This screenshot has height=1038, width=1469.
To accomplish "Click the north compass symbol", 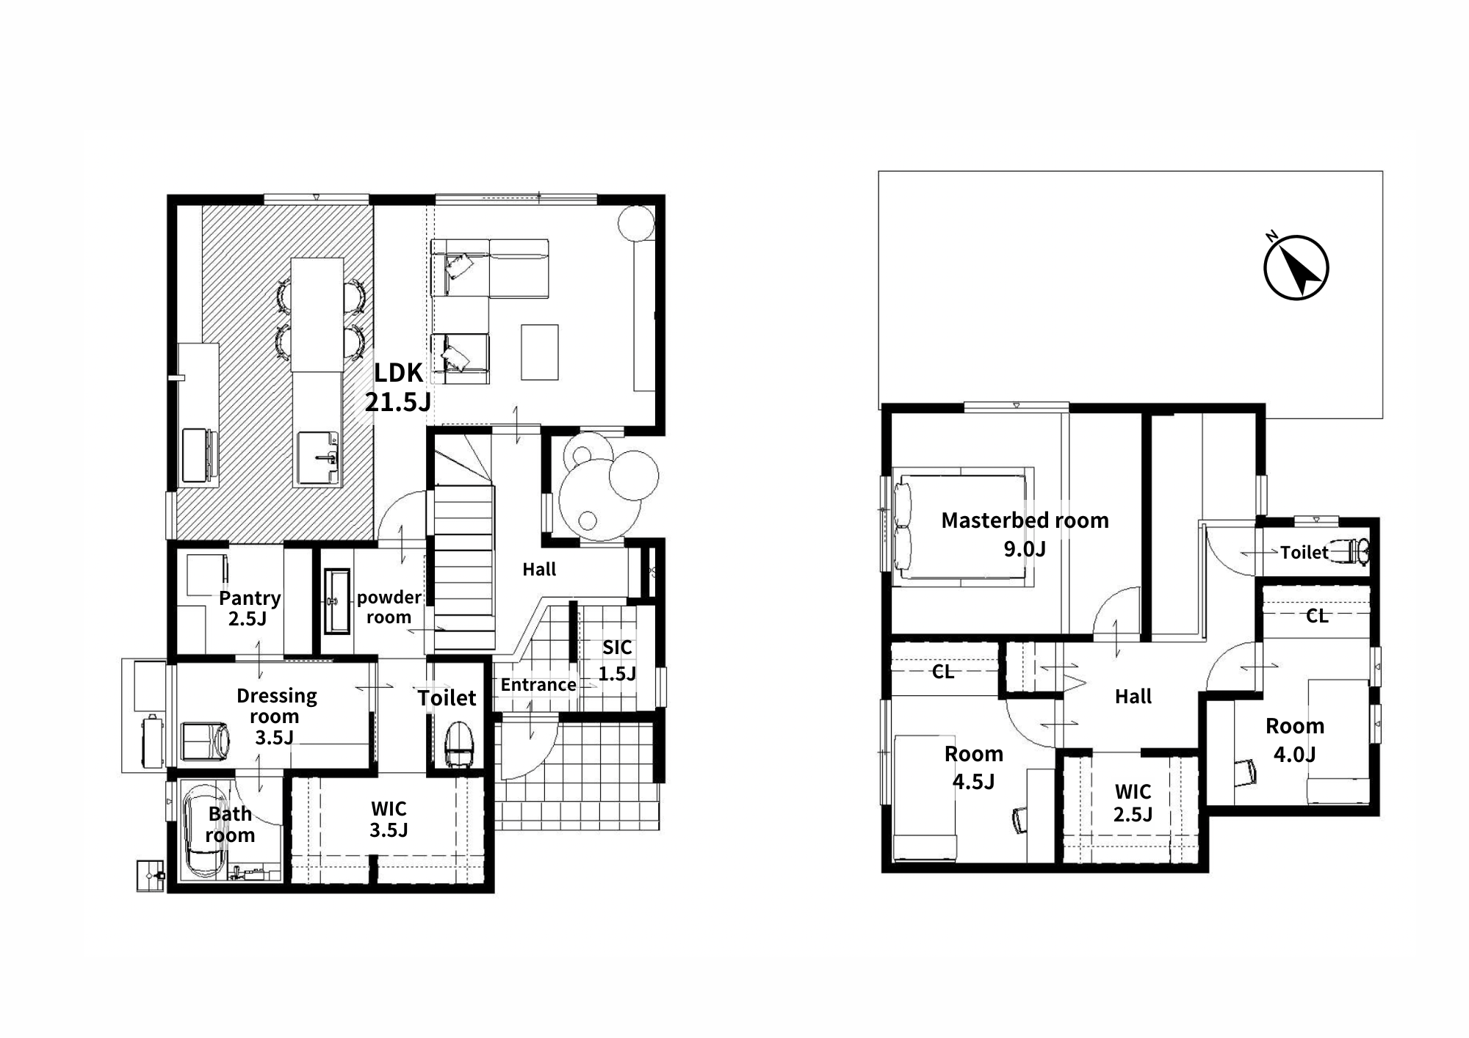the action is pos(1296,267).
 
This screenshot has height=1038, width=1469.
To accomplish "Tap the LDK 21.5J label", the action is pos(398,387).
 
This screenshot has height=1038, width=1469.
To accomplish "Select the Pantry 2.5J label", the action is pos(249,608).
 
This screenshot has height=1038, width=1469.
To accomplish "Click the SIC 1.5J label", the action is pos(617,660).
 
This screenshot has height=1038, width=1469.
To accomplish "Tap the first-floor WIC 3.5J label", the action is pos(389,819).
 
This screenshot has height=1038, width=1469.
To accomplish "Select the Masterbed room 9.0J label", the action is pos(1025,534).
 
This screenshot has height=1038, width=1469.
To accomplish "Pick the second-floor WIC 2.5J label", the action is pos(1133,802).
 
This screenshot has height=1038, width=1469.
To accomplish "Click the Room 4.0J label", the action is pos(1295,739).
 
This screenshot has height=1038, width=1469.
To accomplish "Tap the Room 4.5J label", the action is pos(973,767).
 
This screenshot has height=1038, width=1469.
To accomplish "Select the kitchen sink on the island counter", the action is pos(317,458).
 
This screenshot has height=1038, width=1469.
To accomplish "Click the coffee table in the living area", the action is pos(540,352).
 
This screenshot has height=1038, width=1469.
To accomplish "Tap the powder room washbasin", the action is pos(337,601).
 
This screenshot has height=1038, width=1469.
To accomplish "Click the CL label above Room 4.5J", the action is pos(943,672).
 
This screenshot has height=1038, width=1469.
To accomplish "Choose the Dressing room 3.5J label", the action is pos(276,716).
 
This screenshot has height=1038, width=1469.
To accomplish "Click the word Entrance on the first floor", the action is pos(538,685).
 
